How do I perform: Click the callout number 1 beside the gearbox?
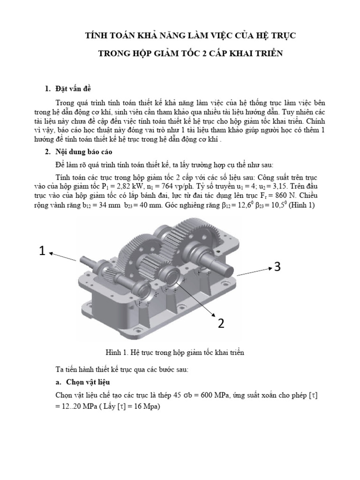click(x=42, y=252)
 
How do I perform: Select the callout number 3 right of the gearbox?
click(x=277, y=267)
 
